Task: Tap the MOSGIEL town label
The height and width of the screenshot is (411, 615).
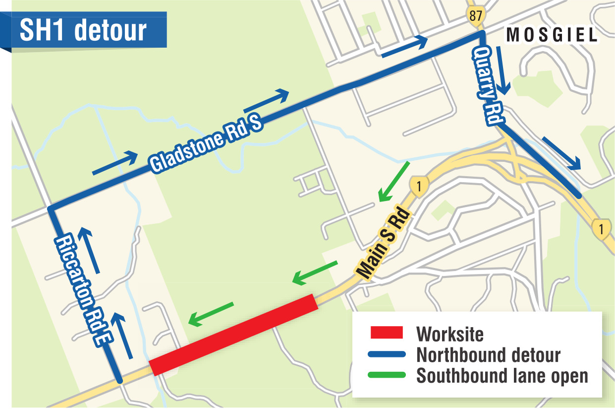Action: (552, 35)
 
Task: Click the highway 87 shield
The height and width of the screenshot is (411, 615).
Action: (475, 15)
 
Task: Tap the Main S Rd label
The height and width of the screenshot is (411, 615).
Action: (385, 244)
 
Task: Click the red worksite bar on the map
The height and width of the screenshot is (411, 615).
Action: (233, 335)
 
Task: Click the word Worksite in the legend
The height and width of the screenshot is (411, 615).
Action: (449, 334)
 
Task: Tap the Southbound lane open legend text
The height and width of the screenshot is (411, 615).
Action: (502, 376)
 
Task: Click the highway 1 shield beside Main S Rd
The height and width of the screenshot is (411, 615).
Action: (419, 187)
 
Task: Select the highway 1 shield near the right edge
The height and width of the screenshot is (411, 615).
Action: (601, 229)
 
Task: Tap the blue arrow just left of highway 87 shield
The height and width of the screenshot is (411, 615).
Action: (404, 46)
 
